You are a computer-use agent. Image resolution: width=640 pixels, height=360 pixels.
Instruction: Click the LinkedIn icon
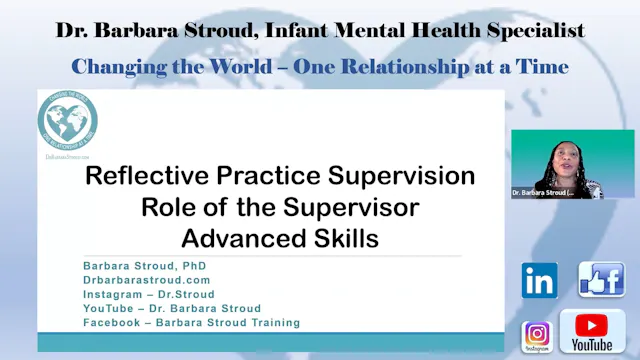pyautogui.click(x=539, y=281)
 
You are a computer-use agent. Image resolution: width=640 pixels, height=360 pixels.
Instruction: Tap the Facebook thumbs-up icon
pyautogui.click(x=601, y=280)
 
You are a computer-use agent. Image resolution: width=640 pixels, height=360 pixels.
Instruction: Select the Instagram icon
pyautogui.click(x=537, y=334)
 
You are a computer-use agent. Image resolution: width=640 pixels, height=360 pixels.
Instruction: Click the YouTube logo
pyautogui.click(x=592, y=332)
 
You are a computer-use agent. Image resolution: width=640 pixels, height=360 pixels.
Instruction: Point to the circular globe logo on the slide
pyautogui.click(x=67, y=123)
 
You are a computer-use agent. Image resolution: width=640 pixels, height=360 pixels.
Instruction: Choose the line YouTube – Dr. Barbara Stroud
pyautogui.click(x=172, y=308)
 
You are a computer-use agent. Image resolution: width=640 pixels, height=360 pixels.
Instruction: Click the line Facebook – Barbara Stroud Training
pyautogui.click(x=191, y=322)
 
